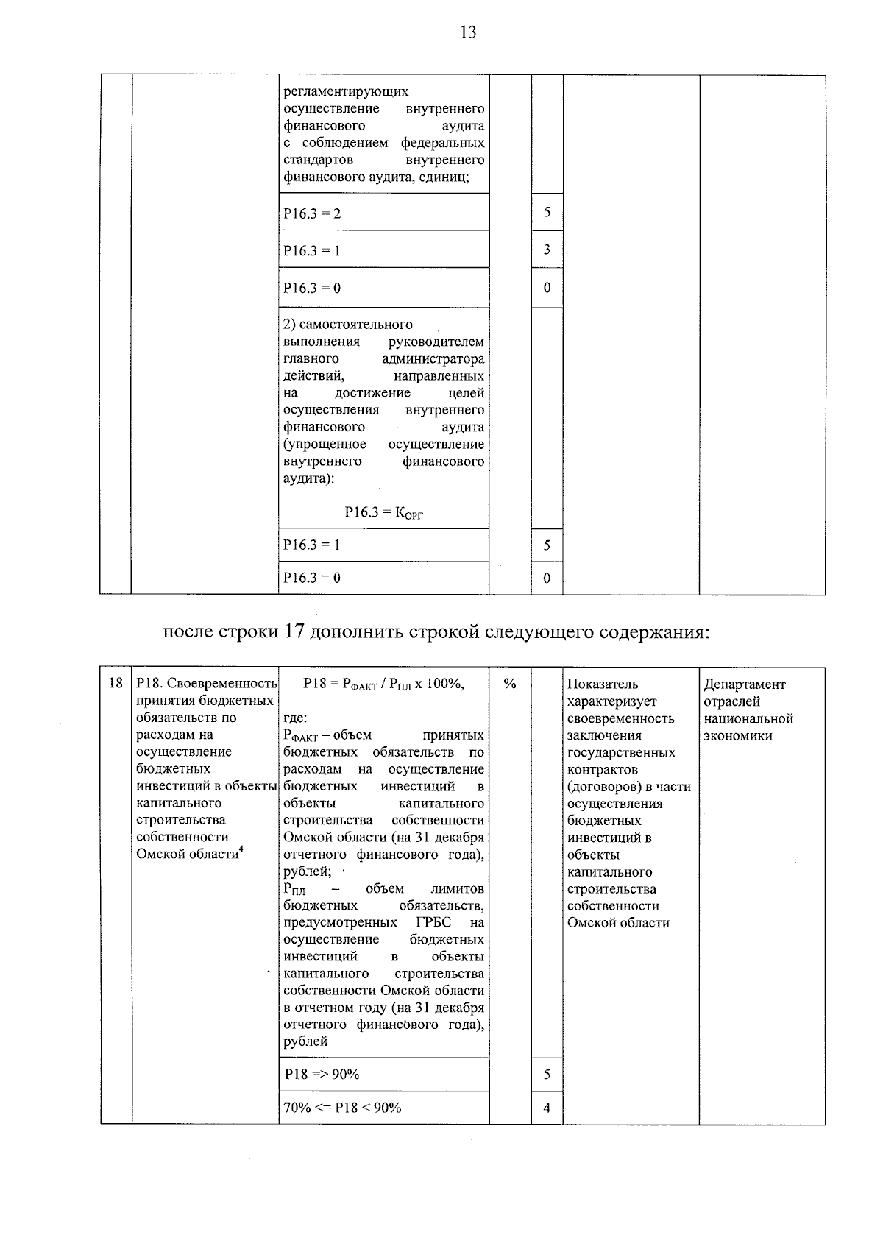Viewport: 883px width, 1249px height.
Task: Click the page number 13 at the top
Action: (x=468, y=32)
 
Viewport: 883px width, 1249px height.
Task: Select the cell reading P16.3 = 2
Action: (x=312, y=214)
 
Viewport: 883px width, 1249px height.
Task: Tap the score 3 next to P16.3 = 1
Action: (x=547, y=250)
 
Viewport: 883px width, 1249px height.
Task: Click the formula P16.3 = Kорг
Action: (x=383, y=513)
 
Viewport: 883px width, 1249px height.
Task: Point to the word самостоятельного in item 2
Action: (x=347, y=325)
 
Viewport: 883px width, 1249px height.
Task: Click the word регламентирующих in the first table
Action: (x=346, y=92)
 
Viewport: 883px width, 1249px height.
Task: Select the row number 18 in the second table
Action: (x=116, y=684)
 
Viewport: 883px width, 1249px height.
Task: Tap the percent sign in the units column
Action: (x=509, y=684)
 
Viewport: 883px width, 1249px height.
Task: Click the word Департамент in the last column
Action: (x=745, y=684)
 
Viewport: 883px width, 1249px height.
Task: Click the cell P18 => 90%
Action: (x=322, y=1075)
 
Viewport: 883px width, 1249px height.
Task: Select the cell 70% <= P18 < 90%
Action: (x=342, y=1108)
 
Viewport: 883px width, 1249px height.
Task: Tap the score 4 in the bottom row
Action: (x=547, y=1108)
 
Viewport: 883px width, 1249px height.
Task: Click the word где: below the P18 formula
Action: (x=295, y=718)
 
